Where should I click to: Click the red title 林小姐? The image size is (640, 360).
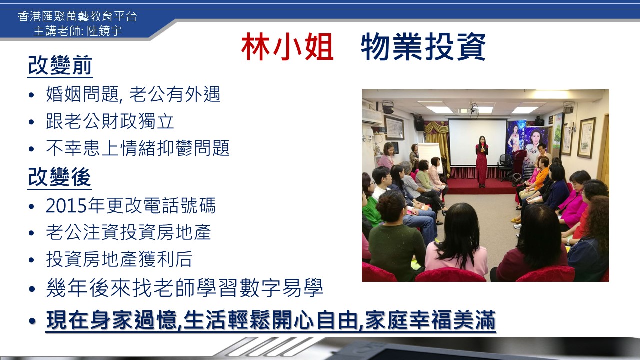287,47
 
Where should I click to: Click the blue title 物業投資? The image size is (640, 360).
423,47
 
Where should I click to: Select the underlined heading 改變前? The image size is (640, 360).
60,65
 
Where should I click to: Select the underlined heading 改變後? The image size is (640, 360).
59,177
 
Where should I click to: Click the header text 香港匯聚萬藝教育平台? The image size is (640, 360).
77,16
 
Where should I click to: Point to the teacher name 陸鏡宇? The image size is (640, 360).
104,31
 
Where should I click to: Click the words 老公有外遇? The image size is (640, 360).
175,94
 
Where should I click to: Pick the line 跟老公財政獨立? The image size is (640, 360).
110,121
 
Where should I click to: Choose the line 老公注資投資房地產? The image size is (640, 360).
128,232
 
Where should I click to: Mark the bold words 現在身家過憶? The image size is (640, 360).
111,320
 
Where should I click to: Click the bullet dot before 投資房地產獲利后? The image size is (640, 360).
31,260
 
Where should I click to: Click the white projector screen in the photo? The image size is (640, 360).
477,142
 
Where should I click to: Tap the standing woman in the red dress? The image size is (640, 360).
482,161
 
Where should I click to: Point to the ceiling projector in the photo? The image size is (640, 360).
471,110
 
